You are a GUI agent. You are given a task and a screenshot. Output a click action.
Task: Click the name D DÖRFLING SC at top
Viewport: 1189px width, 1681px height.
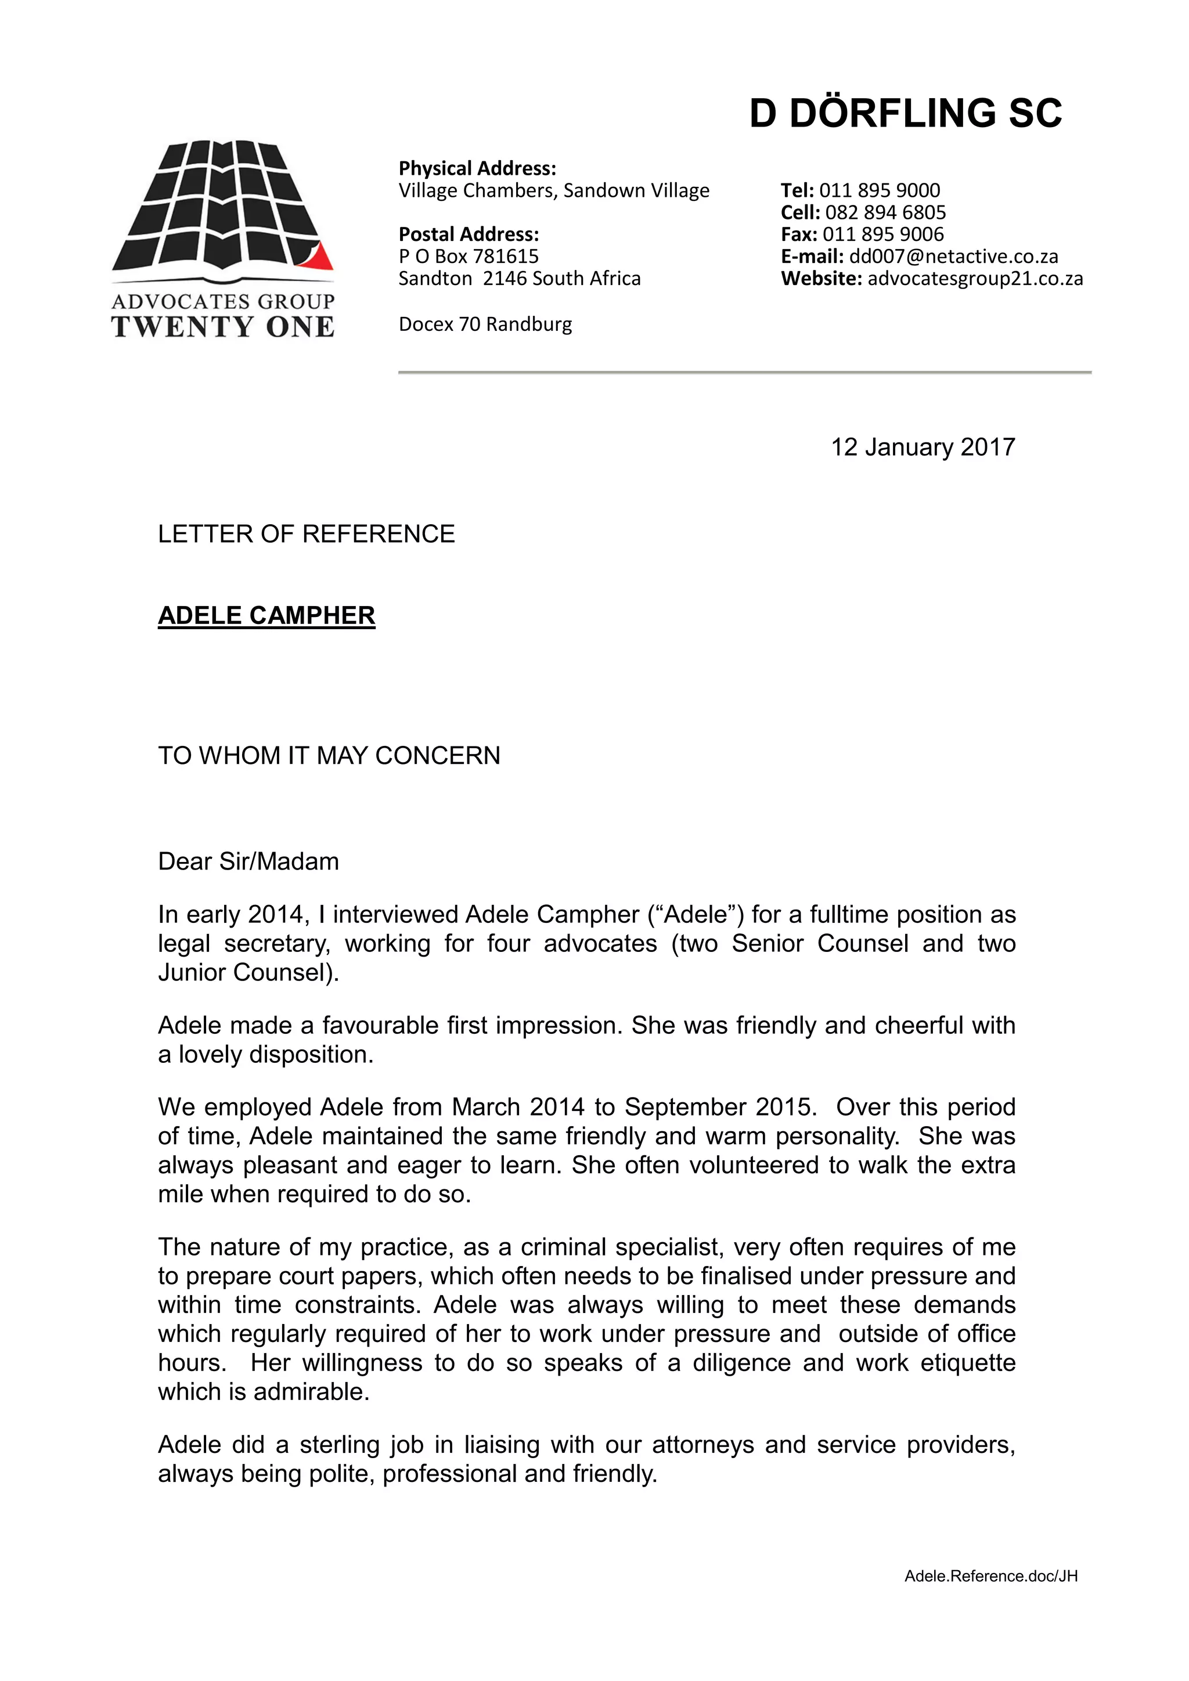(x=905, y=114)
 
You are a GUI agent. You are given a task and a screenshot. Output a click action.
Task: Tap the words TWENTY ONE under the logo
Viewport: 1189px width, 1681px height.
(x=222, y=327)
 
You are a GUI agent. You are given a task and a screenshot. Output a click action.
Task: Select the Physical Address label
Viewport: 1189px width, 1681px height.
(x=477, y=168)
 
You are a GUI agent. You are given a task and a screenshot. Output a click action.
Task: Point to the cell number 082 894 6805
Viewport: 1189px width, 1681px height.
(x=885, y=212)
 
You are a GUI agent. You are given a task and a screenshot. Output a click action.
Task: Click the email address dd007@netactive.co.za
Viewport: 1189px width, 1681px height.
(x=953, y=256)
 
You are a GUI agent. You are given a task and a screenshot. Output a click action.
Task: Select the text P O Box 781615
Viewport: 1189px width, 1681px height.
(x=468, y=256)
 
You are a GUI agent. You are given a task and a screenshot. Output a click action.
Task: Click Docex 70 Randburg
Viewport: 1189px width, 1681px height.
(x=485, y=324)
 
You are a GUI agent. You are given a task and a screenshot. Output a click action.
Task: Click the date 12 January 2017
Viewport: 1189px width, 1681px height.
(x=923, y=448)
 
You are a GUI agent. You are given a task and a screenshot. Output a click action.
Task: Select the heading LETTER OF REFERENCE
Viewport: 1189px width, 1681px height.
(x=306, y=534)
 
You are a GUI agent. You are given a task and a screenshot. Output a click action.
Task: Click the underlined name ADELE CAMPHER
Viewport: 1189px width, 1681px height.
(x=266, y=615)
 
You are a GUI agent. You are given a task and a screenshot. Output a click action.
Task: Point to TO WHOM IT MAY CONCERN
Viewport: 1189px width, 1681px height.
(x=329, y=756)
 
